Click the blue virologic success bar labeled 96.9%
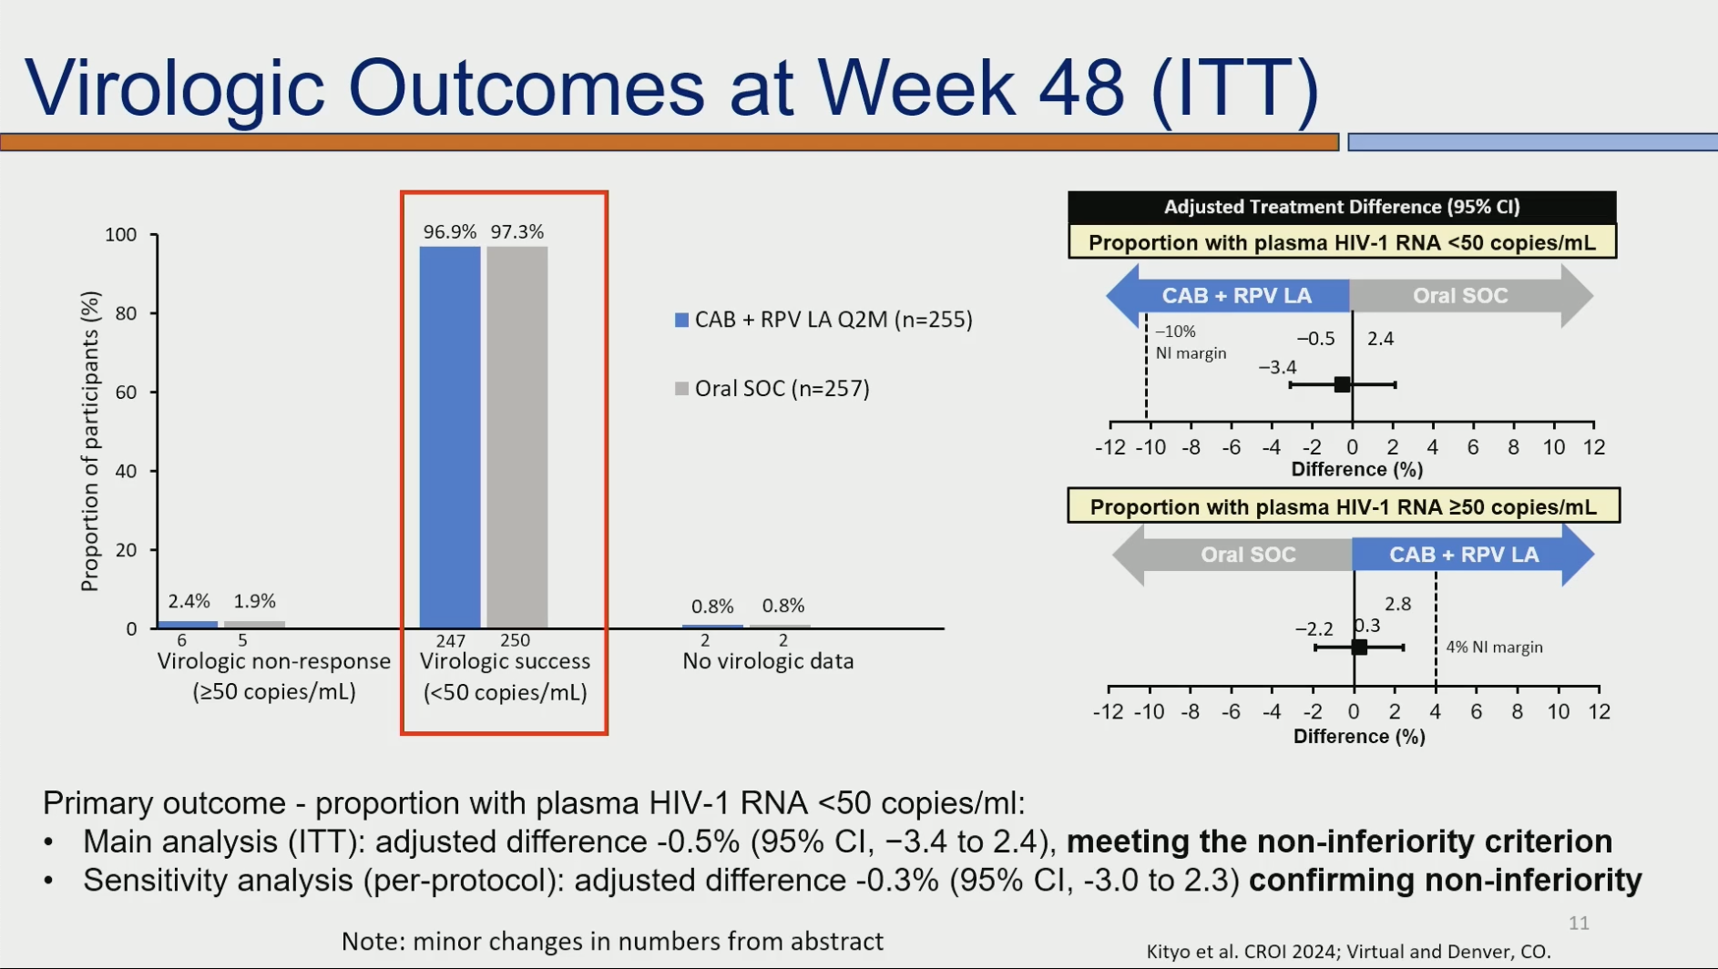(450, 437)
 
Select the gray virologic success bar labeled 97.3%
(517, 437)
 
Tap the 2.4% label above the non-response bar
(189, 601)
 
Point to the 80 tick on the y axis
(126, 313)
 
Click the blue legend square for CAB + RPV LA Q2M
(681, 320)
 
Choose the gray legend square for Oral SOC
(681, 389)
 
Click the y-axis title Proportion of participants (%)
(89, 441)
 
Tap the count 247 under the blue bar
(451, 641)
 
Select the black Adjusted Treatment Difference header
(1342, 207)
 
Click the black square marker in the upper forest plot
(1342, 384)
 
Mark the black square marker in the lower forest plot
(1359, 648)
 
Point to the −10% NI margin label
(1191, 342)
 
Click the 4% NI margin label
(1495, 648)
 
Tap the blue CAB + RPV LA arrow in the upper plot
(1228, 296)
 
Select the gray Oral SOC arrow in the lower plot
(1232, 555)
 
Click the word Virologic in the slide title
(175, 88)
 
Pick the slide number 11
(1579, 923)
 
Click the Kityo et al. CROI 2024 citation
(1348, 952)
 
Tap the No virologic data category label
(768, 661)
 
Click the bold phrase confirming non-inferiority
(1446, 881)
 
